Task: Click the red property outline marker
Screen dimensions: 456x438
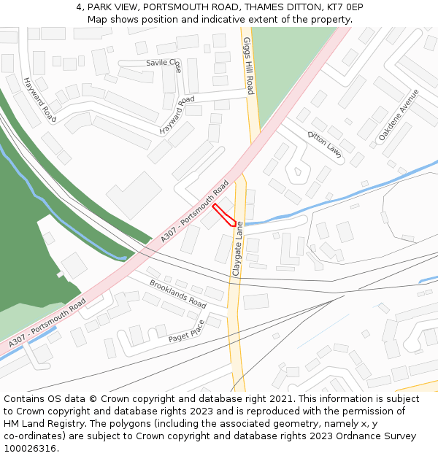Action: coord(223,215)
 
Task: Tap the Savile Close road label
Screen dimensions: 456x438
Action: coord(164,63)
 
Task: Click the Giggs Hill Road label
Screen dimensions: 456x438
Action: coord(249,66)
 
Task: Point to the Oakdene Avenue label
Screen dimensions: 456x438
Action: coord(399,115)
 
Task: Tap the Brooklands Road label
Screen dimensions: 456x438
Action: coord(177,293)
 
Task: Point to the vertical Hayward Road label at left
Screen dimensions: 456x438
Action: coord(39,99)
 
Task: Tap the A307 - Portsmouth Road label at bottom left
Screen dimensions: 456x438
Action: coord(47,322)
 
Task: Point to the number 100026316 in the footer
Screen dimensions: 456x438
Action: coord(31,449)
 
